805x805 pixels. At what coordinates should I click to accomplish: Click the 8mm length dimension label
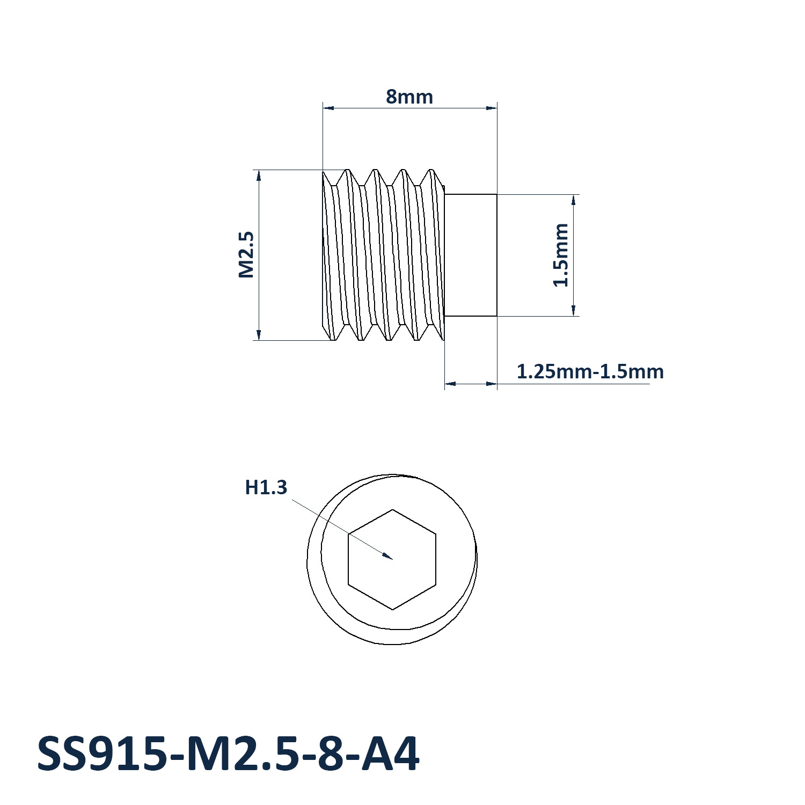(409, 97)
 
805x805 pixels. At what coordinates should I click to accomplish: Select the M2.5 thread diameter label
(246, 254)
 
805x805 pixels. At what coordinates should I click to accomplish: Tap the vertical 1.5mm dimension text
(561, 255)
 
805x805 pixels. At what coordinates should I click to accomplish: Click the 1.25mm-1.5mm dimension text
(590, 371)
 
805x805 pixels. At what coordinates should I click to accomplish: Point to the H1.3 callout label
(266, 487)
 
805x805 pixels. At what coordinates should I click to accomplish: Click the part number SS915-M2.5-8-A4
(228, 754)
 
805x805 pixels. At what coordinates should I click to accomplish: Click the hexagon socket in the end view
(392, 559)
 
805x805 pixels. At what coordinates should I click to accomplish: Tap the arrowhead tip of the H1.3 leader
(392, 559)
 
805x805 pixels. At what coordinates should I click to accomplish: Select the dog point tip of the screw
(471, 255)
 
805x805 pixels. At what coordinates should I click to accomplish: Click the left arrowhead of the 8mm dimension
(324, 108)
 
